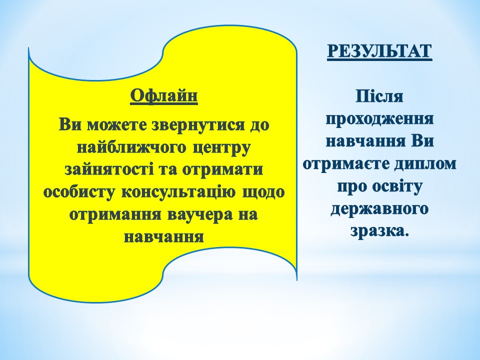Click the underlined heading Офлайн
pos(164,96)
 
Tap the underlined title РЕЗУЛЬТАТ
pos(379,51)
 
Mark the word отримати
pos(223,170)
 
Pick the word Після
pos(379,96)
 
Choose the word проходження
pos(379,119)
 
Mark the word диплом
pos(425,164)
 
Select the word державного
pos(379,209)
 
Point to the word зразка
pos(379,231)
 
